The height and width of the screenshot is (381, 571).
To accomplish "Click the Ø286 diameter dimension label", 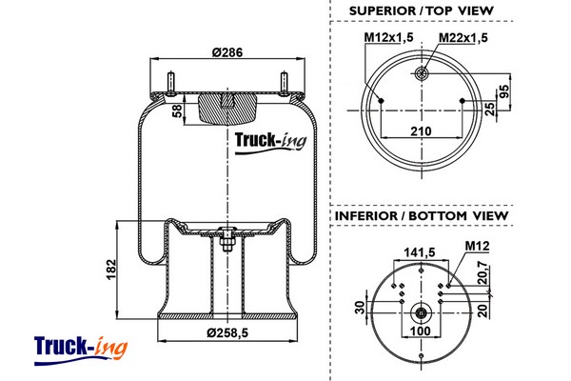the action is click(226, 52).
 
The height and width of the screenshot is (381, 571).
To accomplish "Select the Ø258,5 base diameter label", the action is click(227, 332).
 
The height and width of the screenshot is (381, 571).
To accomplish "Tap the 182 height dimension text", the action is click(110, 270).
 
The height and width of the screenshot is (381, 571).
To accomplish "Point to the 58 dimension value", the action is click(177, 110).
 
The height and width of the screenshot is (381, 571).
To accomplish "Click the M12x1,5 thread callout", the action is click(389, 37).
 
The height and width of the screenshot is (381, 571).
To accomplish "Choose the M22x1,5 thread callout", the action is click(463, 37).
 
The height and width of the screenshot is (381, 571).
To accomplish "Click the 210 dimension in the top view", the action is click(421, 130).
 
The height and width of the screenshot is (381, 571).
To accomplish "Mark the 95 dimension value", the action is click(503, 91).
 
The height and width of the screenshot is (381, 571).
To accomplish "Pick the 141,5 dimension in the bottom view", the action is click(419, 251).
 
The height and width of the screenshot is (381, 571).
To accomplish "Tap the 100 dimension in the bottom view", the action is click(421, 331).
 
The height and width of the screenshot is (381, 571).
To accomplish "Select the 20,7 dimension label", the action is click(482, 272).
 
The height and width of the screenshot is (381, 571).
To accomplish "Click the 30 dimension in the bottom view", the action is click(360, 308).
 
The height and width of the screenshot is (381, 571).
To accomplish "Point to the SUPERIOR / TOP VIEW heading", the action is click(422, 10).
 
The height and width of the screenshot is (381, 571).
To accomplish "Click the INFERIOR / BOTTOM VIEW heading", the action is click(422, 215).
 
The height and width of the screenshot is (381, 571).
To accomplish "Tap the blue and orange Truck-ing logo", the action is click(81, 351).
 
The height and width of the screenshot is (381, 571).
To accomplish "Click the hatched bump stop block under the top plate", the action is click(227, 110).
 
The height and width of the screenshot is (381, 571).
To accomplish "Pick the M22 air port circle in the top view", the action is click(422, 74).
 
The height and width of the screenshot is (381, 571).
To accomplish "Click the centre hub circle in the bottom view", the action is click(422, 312).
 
